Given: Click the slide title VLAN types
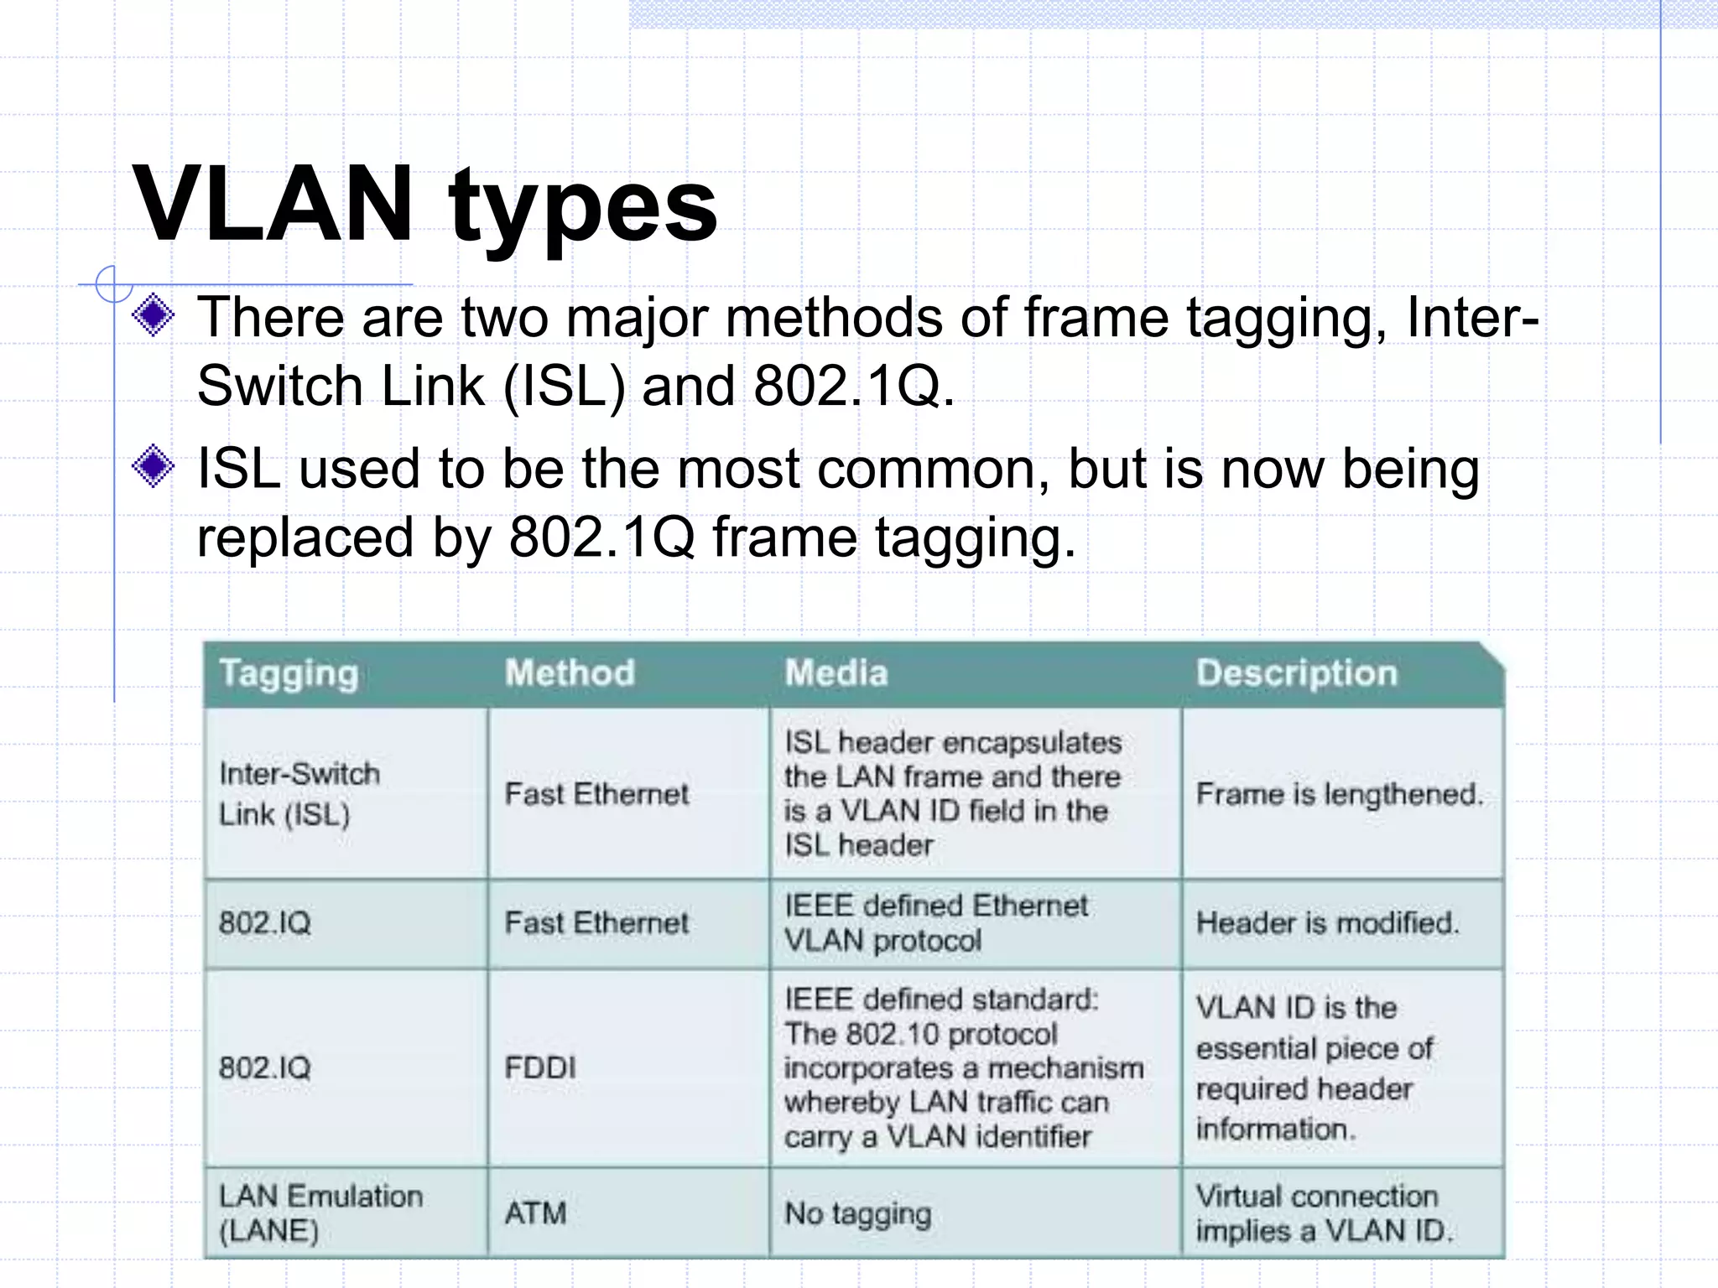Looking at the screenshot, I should pos(424,204).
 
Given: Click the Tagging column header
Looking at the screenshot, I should pos(289,673).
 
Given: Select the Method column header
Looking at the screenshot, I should pos(570,673).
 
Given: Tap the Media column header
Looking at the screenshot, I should pos(836,673).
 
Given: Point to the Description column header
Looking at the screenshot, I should pos(1296,673).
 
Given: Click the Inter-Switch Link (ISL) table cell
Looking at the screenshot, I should pos(299,793).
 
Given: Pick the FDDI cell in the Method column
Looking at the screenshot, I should pos(540,1067).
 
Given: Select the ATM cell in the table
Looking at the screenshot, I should pos(535,1213).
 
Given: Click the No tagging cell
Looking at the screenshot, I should pos(857,1213).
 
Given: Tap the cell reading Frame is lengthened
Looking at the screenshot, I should pos(1339,793).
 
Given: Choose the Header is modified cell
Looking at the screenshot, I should pos(1327,922).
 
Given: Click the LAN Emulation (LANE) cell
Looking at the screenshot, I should pos(320,1213).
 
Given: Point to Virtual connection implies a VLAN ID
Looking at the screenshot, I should pos(1324,1213).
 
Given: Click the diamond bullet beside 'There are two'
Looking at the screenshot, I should pos(154,316).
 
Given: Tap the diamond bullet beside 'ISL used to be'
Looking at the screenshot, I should pos(154,466).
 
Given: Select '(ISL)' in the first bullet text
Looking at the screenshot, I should pos(564,386).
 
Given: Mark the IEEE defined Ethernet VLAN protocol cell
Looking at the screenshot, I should pos(935,922).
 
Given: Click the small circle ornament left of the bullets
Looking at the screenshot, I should pos(112,283).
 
